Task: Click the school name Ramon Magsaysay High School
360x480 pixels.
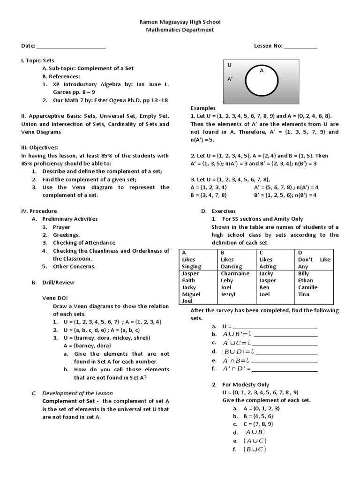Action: [x=180, y=22]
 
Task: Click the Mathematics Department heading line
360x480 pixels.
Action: [x=180, y=30]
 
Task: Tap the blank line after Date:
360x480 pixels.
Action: [x=71, y=47]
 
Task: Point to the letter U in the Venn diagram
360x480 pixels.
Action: [x=229, y=65]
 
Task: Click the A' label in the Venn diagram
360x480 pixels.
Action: [x=230, y=80]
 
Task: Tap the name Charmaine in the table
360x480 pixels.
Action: [x=235, y=273]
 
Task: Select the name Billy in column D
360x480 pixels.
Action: [x=303, y=273]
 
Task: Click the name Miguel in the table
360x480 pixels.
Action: [x=191, y=294]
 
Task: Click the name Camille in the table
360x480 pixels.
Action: [x=307, y=287]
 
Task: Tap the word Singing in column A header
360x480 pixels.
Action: [x=191, y=266]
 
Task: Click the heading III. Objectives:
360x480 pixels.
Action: [x=39, y=147]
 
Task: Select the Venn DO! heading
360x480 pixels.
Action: [x=55, y=298]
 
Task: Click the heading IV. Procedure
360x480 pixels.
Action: [x=39, y=211]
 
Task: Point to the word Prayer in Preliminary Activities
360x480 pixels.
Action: [x=61, y=227]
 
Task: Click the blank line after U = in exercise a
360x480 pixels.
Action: [x=275, y=327]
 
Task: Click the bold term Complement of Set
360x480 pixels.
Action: [x=70, y=401]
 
